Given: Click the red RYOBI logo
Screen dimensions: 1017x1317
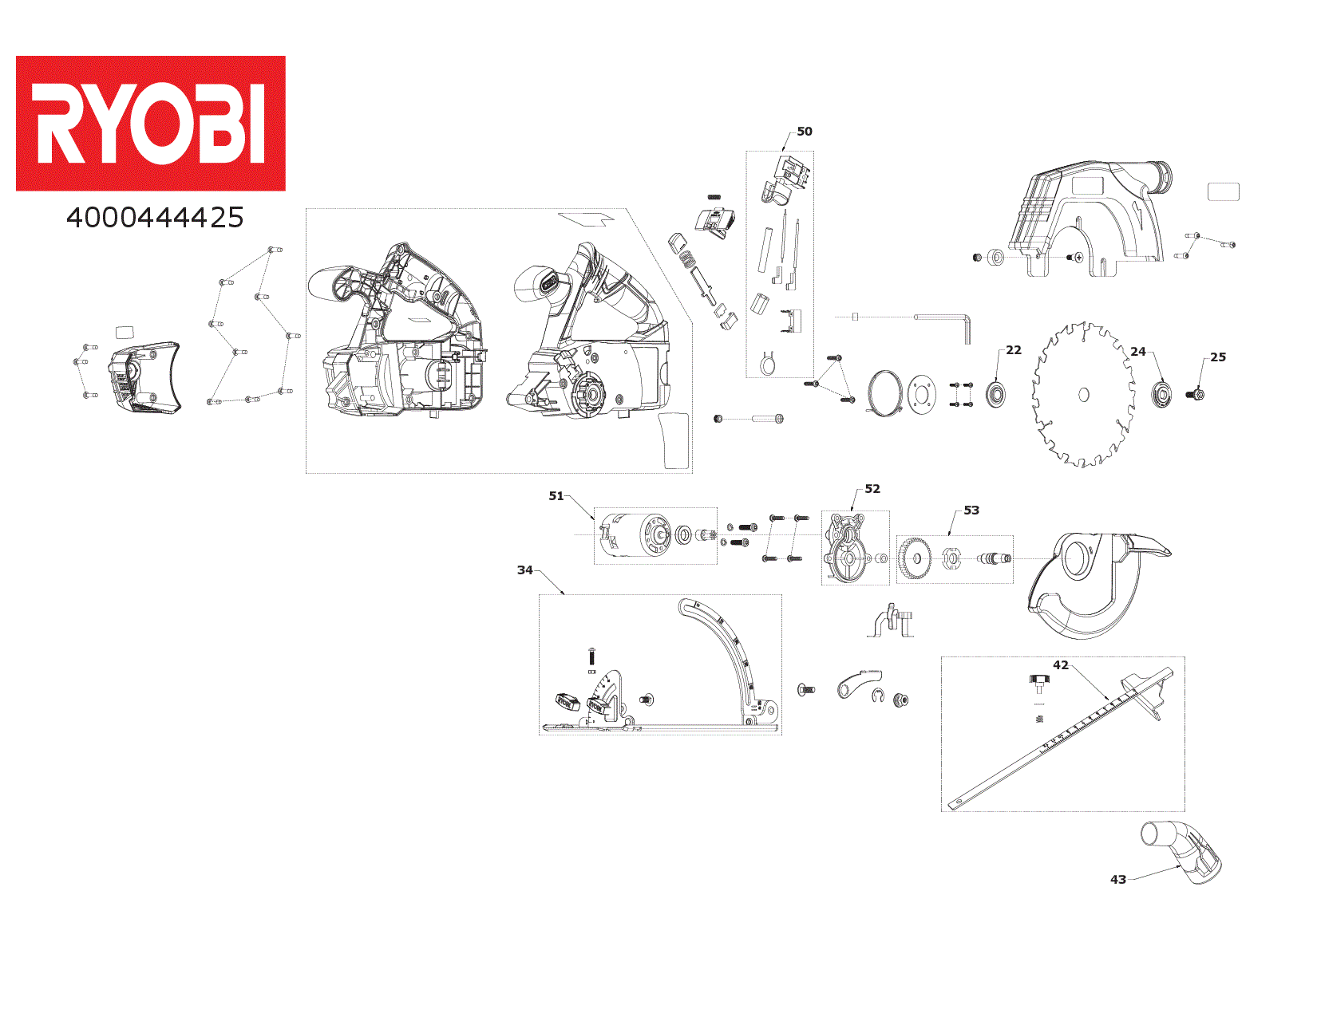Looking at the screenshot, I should (150, 123).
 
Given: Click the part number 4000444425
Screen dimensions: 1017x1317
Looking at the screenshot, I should (155, 218).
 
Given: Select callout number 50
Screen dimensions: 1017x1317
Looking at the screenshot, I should (805, 132).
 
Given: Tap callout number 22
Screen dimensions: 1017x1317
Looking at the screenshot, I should (1013, 350).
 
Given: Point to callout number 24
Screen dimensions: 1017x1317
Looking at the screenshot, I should (1137, 352).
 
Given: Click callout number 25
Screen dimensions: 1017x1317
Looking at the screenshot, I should (1217, 357).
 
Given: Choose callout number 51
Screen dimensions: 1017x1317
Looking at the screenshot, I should (556, 496).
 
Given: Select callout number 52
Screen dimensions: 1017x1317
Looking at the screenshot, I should (872, 489).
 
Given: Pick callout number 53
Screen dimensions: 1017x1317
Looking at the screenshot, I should (971, 510).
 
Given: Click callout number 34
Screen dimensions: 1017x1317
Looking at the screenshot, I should (524, 570).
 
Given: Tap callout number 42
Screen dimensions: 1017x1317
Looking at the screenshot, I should (1060, 665).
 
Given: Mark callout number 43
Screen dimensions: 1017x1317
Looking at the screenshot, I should (1117, 880).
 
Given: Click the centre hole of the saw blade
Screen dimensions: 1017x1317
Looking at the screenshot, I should (1083, 395).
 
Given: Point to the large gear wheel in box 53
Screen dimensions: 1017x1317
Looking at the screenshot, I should (915, 559).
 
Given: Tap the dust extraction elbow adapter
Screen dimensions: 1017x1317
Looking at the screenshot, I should (1183, 852).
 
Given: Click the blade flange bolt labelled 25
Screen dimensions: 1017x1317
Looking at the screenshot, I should (1196, 394).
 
